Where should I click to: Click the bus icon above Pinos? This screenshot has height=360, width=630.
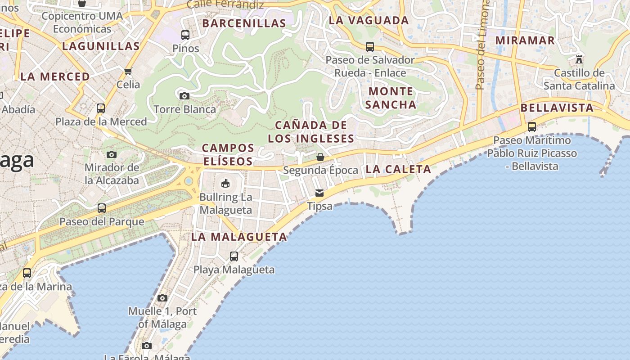(x=185, y=35)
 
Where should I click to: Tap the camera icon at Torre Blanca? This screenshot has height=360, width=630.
(x=184, y=96)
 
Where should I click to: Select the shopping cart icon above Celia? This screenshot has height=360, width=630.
(x=128, y=71)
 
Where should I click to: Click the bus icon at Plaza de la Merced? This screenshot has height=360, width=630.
(x=101, y=108)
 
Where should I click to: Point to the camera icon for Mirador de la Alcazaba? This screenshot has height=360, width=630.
(x=112, y=154)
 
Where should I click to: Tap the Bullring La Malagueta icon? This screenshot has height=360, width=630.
(x=225, y=183)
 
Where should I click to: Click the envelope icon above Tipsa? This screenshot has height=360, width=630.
(x=319, y=193)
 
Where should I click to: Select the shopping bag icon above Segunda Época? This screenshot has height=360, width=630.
(x=320, y=157)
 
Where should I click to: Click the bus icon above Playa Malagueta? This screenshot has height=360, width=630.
(x=234, y=256)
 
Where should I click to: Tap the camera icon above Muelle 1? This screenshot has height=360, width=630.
(x=162, y=298)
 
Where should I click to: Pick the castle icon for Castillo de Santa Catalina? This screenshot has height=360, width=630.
(x=579, y=59)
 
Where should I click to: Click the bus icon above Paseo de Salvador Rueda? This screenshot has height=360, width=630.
(x=370, y=46)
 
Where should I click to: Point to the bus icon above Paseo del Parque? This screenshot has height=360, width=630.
(x=102, y=208)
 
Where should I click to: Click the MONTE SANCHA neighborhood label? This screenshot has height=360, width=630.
(x=391, y=98)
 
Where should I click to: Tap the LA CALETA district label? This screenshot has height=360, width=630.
(x=398, y=169)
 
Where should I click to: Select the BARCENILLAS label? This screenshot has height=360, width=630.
(x=244, y=23)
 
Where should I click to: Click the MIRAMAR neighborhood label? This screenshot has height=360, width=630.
(x=525, y=40)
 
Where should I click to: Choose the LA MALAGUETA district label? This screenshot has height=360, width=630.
(x=239, y=237)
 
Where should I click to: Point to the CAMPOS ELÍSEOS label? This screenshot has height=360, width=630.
(x=228, y=154)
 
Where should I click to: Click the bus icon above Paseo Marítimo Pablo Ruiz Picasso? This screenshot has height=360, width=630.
(x=532, y=127)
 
